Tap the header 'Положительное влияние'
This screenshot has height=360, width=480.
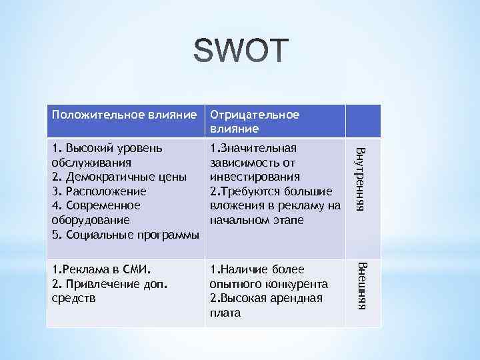(124, 115)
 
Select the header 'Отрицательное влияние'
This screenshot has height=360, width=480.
(255, 121)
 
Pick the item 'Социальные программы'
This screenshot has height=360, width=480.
(130, 235)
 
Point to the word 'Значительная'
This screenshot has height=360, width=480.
(257, 148)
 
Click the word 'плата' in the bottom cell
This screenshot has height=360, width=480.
(225, 313)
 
